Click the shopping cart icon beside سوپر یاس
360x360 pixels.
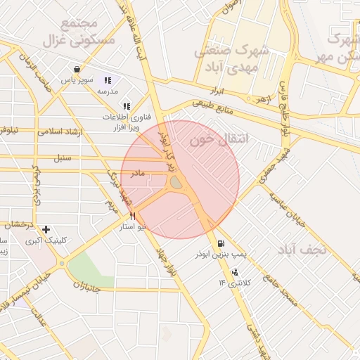pos(76,69)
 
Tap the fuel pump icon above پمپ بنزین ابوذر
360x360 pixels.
pos(221,243)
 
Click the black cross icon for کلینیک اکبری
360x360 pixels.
pos(46,229)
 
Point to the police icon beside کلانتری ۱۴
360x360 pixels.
pos(234,272)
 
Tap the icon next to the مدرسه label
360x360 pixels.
pos(108,80)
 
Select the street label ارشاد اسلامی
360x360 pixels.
pos(60,131)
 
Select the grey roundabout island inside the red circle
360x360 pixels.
pos(175,183)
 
